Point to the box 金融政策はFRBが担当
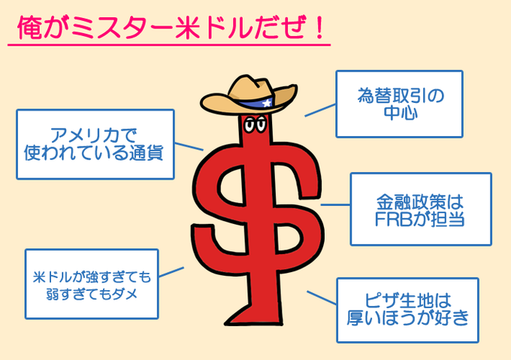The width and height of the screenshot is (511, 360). pyautogui.click(x=420, y=210)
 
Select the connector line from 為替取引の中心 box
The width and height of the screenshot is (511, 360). pyautogui.click(x=319, y=111)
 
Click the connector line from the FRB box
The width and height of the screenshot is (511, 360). pyautogui.click(x=335, y=204)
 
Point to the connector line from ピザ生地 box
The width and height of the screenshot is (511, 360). pyautogui.click(x=321, y=298)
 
